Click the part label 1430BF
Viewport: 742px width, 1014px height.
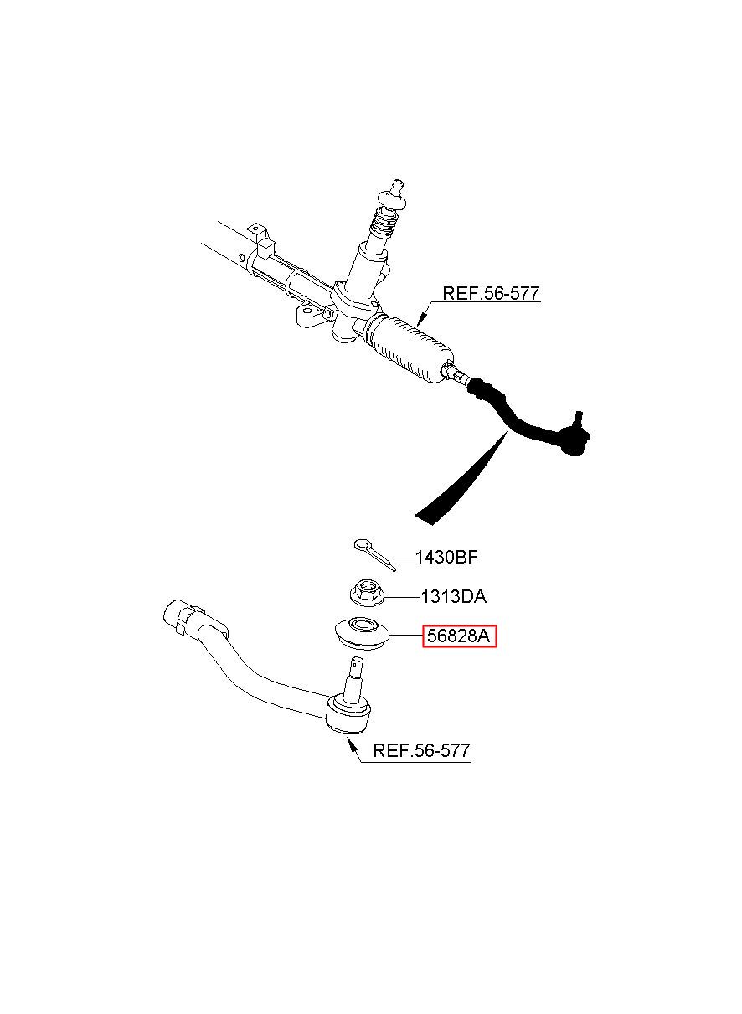446,558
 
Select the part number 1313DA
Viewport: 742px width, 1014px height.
454,597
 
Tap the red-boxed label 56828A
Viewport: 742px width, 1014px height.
459,636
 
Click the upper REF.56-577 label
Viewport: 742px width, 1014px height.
491,293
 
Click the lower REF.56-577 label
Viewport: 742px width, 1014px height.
421,750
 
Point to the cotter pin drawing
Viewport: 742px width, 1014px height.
375,555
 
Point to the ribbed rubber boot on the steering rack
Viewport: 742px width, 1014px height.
409,351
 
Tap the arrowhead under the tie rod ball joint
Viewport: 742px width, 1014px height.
351,744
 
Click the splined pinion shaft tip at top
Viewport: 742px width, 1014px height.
398,186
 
